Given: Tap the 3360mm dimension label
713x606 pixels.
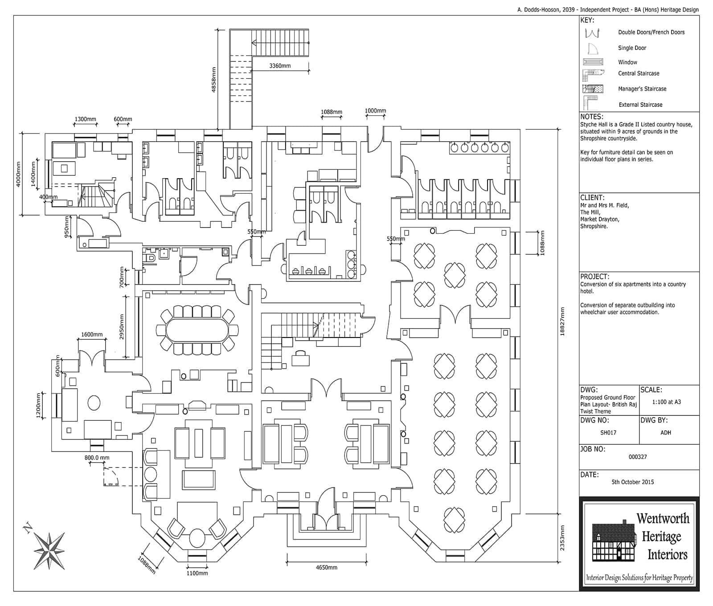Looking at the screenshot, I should pyautogui.click(x=280, y=66).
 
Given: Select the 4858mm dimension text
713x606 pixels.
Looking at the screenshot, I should pyautogui.click(x=213, y=80).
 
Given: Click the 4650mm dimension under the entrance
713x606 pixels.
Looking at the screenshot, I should pyautogui.click(x=326, y=567).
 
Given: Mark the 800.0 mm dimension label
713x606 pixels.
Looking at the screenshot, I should pyautogui.click(x=97, y=457).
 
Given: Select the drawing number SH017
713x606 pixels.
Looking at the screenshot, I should pyautogui.click(x=608, y=432).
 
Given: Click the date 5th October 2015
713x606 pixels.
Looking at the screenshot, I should pyautogui.click(x=632, y=482).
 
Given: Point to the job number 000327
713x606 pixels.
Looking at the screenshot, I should pyautogui.click(x=637, y=457).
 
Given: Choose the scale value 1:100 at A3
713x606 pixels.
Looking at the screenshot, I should pyautogui.click(x=666, y=402).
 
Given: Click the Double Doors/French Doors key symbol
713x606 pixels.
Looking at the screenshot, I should pyautogui.click(x=592, y=33).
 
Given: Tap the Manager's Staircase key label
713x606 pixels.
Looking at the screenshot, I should pyautogui.click(x=642, y=89).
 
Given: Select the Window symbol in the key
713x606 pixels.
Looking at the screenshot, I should pyautogui.click(x=593, y=62).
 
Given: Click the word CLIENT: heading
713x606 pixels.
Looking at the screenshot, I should pyautogui.click(x=592, y=198).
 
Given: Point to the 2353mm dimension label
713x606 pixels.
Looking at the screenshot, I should pyautogui.click(x=562, y=537).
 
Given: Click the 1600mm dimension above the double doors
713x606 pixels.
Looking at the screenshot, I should pyautogui.click(x=92, y=334).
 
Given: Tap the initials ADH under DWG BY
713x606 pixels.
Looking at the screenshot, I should pyautogui.click(x=666, y=432).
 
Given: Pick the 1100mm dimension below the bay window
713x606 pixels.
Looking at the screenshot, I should pyautogui.click(x=197, y=573).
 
